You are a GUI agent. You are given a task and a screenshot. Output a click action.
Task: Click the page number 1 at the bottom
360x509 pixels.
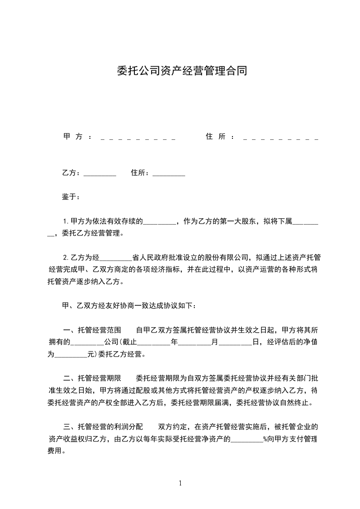pyautogui.click(x=180, y=483)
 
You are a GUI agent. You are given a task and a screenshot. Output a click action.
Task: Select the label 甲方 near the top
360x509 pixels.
pyautogui.click(x=73, y=137)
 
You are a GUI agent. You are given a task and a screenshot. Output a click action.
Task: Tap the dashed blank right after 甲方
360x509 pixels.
pyautogui.click(x=138, y=137)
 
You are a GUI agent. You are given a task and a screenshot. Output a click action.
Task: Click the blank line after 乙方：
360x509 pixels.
pyautogui.click(x=100, y=174)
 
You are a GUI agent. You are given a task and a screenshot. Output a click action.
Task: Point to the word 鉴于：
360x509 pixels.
pyautogui.click(x=71, y=197)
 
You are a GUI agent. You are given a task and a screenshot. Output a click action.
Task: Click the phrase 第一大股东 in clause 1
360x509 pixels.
pyautogui.click(x=236, y=221)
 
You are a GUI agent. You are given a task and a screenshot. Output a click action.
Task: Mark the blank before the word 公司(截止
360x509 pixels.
pyautogui.click(x=88, y=343)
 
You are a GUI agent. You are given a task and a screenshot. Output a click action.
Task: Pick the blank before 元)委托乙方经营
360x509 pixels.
pyautogui.click(x=71, y=355)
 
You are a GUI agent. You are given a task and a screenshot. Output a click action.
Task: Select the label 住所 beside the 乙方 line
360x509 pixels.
pyautogui.click(x=139, y=173)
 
